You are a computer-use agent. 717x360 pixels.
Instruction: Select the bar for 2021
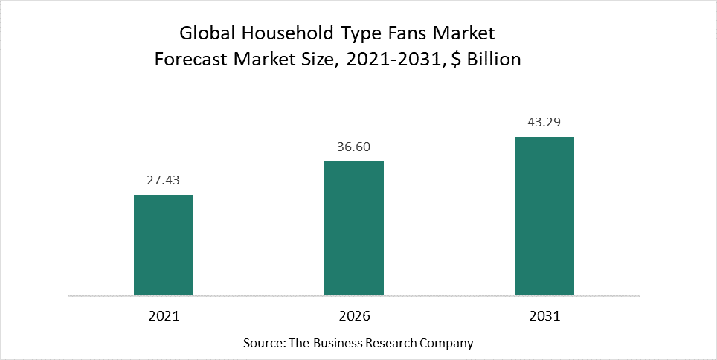[x=164, y=245]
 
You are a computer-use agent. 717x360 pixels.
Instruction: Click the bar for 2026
[x=354, y=228]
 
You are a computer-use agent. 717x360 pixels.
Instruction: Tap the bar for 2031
[x=544, y=216]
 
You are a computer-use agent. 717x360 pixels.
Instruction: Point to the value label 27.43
[x=164, y=181]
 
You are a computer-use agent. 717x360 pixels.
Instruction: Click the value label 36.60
[x=354, y=147]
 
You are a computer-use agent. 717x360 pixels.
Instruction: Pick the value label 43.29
[x=544, y=123]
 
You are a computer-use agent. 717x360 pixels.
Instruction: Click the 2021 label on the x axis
[x=164, y=316]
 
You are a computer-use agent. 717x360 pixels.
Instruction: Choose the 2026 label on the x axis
[x=354, y=316]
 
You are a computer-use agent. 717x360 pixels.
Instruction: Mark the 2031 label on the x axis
[x=544, y=316]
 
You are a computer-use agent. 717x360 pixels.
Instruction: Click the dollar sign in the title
[x=456, y=60]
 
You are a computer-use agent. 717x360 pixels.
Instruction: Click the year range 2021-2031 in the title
[x=395, y=60]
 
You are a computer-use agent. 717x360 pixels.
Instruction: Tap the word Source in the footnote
[x=260, y=343]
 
